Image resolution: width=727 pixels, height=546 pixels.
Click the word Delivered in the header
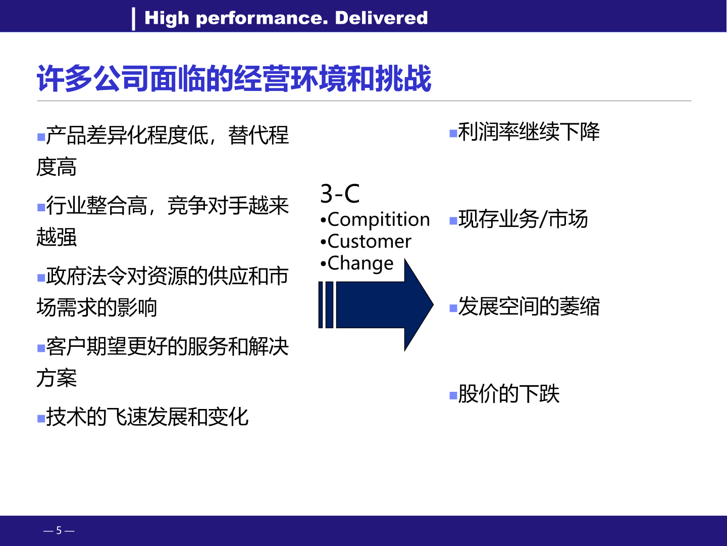(381, 18)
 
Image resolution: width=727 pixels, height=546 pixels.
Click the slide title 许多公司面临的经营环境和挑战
(234, 78)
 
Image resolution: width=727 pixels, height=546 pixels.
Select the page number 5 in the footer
(59, 530)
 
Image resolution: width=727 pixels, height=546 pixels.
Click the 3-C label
(340, 194)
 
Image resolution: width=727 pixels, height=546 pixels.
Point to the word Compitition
(379, 220)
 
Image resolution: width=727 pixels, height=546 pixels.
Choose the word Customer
(369, 241)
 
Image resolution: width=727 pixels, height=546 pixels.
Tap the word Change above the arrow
(360, 263)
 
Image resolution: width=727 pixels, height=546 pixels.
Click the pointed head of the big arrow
(433, 305)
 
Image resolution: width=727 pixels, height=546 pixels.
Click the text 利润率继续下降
(529, 132)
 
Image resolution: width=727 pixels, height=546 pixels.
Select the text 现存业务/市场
(523, 219)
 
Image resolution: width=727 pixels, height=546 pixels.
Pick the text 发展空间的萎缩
(529, 306)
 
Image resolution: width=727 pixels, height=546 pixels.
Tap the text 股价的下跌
(509, 394)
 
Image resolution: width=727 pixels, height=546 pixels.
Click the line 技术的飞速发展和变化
(147, 417)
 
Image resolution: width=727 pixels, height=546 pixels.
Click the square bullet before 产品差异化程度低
(41, 137)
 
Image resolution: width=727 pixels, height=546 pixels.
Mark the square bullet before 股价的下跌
(453, 395)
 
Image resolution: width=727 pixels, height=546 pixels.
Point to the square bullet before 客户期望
(41, 348)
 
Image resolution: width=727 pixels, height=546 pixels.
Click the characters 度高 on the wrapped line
(57, 167)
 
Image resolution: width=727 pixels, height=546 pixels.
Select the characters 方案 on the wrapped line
(57, 378)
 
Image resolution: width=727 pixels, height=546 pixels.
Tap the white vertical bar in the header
(133, 19)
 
